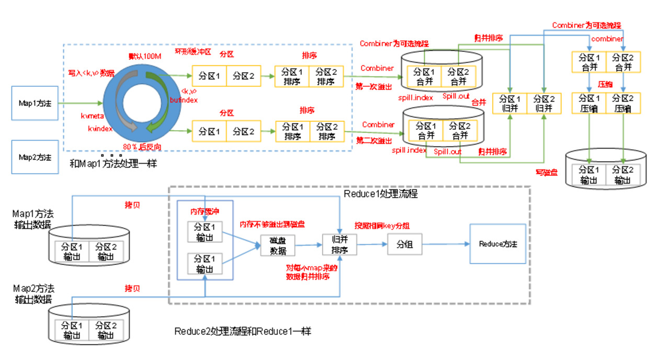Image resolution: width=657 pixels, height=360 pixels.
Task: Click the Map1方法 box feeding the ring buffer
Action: pyautogui.click(x=35, y=103)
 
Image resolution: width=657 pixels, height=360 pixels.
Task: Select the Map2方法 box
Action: pyautogui.click(x=35, y=156)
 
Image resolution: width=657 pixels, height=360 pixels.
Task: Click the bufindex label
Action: pyautogui.click(x=184, y=100)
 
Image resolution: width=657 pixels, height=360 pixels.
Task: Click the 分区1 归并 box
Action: pyautogui.click(x=510, y=103)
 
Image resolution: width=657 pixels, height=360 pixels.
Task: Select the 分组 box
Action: pyautogui.click(x=404, y=244)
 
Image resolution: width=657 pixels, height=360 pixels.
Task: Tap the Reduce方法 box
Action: pyautogui.click(x=498, y=244)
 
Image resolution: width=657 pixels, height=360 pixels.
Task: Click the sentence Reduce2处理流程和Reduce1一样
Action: pyautogui.click(x=243, y=331)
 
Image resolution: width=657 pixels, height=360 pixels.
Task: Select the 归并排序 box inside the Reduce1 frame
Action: pyautogui.click(x=339, y=244)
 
